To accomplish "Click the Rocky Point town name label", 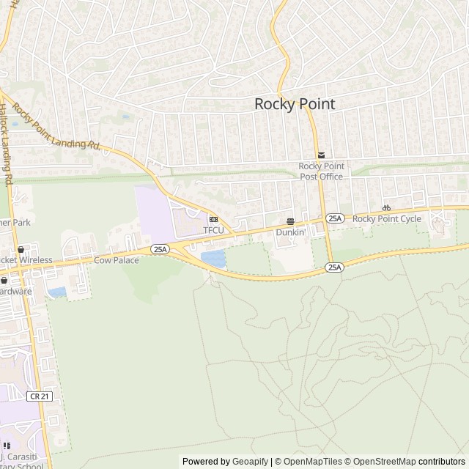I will point(295,104).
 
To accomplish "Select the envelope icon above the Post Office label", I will point(322,154).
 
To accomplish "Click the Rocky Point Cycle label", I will point(387,218).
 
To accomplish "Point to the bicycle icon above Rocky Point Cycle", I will point(386,207).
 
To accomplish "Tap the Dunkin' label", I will point(290,232).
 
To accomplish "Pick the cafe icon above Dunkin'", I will point(290,221).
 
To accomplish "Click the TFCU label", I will point(213,230).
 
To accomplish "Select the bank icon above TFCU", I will point(213,219).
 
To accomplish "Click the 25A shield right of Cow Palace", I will point(160,250).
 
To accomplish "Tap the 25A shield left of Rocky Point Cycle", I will point(335,218).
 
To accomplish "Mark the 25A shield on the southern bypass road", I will point(334,267).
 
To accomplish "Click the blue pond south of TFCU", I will point(213,258).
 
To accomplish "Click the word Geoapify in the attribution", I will point(250,462).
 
